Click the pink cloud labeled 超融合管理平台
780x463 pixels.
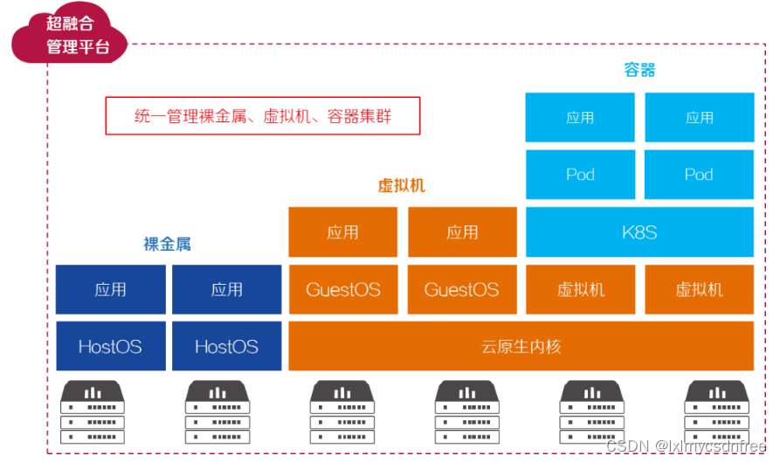pyautogui.click(x=71, y=36)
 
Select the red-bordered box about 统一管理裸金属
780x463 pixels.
pyautogui.click(x=263, y=116)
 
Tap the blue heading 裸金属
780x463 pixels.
pyautogui.click(x=167, y=245)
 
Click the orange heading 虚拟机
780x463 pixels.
pyautogui.click(x=401, y=185)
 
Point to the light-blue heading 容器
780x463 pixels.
pyautogui.click(x=639, y=70)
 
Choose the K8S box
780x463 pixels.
pyautogui.click(x=639, y=231)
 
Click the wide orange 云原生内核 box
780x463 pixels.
pyautogui.click(x=521, y=346)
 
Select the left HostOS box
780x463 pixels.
pyautogui.click(x=110, y=346)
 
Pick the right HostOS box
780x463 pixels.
pyautogui.click(x=226, y=346)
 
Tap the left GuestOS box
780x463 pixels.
pyautogui.click(x=342, y=289)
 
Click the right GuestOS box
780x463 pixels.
pyautogui.click(x=461, y=289)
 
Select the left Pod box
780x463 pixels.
pyautogui.click(x=580, y=174)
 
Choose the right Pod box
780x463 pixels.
pyautogui.click(x=699, y=174)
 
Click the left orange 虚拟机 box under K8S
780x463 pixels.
pyautogui.click(x=580, y=289)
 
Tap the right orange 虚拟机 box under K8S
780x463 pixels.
pyautogui.click(x=699, y=289)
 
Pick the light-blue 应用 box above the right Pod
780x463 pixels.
pyautogui.click(x=699, y=117)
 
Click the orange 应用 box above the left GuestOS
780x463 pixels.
pyautogui.click(x=342, y=231)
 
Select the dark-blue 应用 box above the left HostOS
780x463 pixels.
pyautogui.click(x=110, y=289)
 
